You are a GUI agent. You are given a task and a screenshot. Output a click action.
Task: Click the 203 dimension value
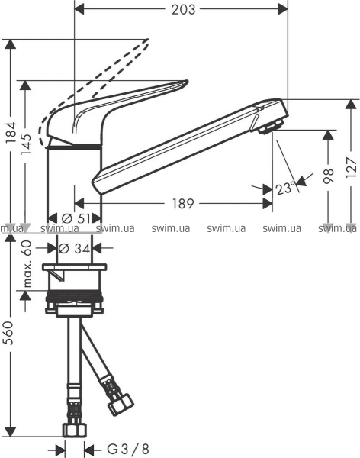183,10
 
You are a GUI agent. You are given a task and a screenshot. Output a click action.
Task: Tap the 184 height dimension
12,132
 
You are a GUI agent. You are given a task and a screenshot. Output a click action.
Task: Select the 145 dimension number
27,144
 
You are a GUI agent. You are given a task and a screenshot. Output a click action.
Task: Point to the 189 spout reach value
183,204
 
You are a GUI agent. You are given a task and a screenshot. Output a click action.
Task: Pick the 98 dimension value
329,176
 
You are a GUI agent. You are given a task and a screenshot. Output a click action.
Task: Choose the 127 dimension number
352,168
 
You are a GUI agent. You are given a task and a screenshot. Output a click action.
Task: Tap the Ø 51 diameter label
76,218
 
